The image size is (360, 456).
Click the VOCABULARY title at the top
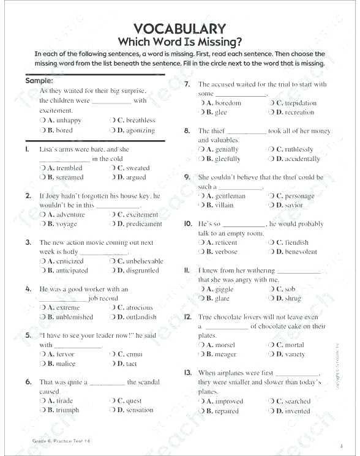point(179,28)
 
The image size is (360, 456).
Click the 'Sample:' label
point(39,80)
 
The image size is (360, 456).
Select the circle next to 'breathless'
point(113,121)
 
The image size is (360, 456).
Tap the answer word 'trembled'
point(69,168)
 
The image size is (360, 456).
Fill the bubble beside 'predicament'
point(113,224)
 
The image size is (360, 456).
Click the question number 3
point(28,242)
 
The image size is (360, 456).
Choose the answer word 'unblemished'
point(75,317)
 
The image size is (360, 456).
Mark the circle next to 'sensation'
point(113,410)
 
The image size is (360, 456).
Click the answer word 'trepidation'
point(301,103)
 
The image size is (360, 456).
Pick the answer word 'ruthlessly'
point(299,149)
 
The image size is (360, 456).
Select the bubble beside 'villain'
point(202,205)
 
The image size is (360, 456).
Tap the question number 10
point(188,224)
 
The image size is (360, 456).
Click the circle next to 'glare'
point(202,298)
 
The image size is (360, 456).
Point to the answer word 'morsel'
point(225,345)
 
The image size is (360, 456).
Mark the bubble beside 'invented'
point(272,411)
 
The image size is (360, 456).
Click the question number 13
point(188,373)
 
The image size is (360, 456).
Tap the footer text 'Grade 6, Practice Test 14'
point(61,441)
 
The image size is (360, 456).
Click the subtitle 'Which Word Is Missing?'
point(179,42)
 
